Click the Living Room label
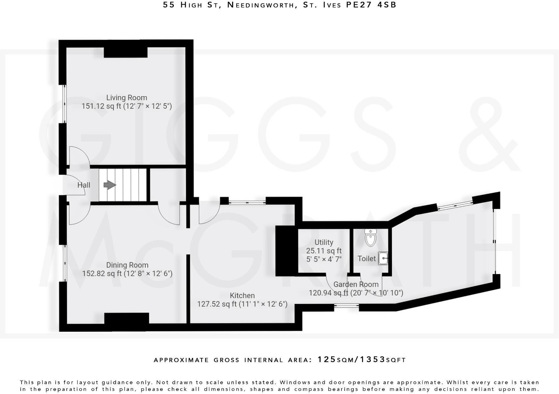pos(126,98)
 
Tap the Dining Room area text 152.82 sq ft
pos(102,274)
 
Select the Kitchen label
pos(242,295)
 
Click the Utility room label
pos(324,242)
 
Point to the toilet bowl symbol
pos(370,238)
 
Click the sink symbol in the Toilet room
pos(383,258)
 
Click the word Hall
pos(84,185)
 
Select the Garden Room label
pos(356,284)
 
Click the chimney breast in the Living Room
pos(126,52)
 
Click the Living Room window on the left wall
pos(64,104)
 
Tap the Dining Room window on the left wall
pos(64,263)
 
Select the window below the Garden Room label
pos(346,306)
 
